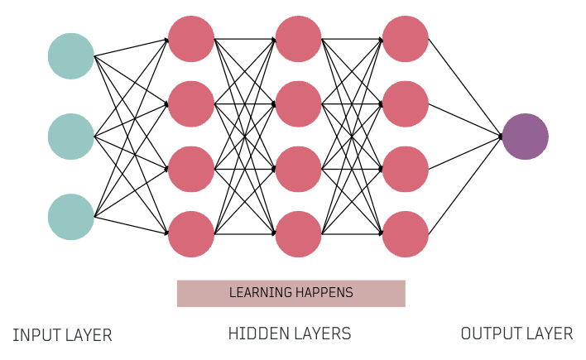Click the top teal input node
coord(71,56)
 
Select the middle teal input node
coord(71,137)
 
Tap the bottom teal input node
coord(71,217)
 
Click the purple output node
coord(525,137)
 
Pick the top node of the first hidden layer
coord(191,39)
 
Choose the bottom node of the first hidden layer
coord(191,234)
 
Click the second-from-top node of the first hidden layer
coord(191,104)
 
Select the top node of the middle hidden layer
coord(298,39)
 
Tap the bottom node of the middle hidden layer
coord(298,234)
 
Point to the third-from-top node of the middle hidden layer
coord(298,169)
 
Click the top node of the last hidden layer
coord(406,39)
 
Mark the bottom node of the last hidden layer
coord(406,234)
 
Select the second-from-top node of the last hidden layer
coord(406,104)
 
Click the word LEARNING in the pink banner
coord(260,293)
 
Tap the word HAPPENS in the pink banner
coord(324,293)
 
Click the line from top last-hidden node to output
coord(465,88)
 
